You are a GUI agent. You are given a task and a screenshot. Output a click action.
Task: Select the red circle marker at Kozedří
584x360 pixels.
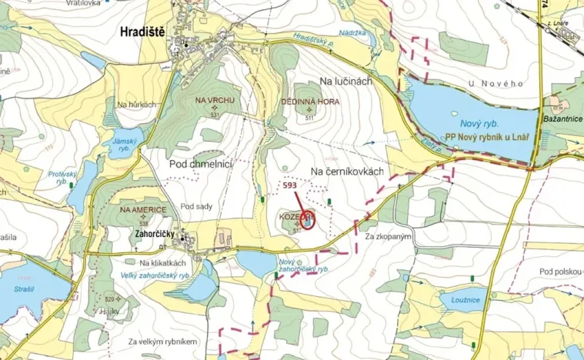tap(307, 220)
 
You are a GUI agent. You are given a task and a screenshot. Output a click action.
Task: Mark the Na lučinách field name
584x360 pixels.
tap(345, 80)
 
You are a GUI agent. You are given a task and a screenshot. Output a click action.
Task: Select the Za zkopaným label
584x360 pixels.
tap(389, 236)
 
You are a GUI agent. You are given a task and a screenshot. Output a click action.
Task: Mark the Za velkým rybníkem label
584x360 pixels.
tap(164, 341)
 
